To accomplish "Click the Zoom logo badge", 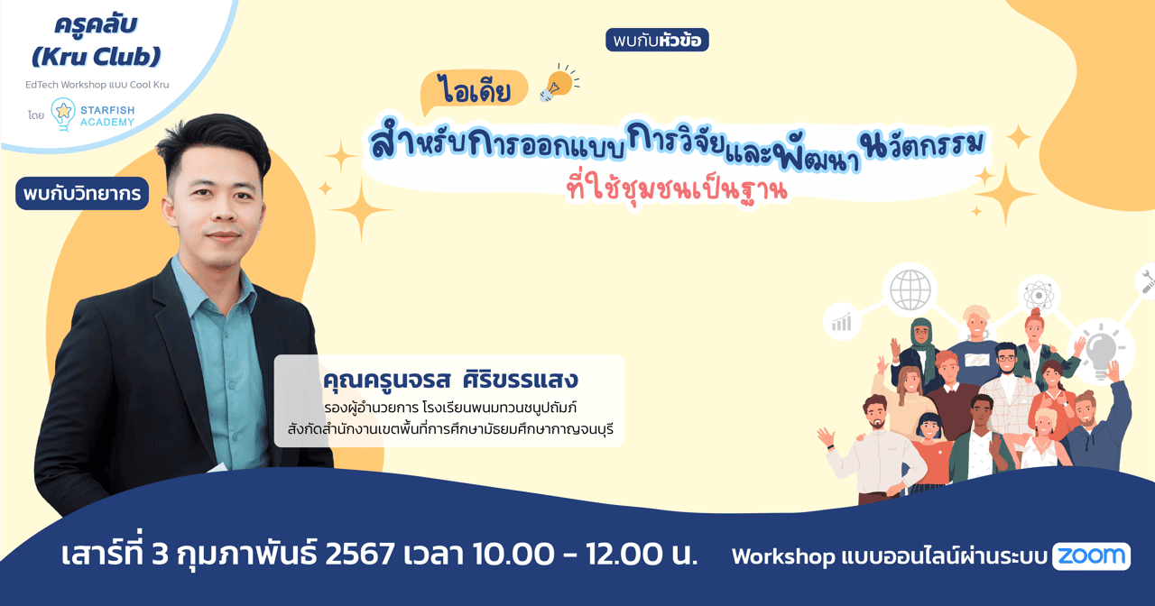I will [1091, 556].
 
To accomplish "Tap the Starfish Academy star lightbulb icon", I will [63, 115].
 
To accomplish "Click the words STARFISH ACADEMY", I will [107, 116].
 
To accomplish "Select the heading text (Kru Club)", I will [96, 56].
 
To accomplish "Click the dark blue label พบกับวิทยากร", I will [82, 194].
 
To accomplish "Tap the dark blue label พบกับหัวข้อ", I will [657, 41].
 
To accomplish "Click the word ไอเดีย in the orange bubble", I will [473, 91].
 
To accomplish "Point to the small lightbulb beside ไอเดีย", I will [557, 83].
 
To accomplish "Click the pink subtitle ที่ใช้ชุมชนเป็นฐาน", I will [672, 191].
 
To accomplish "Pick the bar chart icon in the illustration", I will [842, 322].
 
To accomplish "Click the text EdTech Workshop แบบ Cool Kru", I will [97, 85].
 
